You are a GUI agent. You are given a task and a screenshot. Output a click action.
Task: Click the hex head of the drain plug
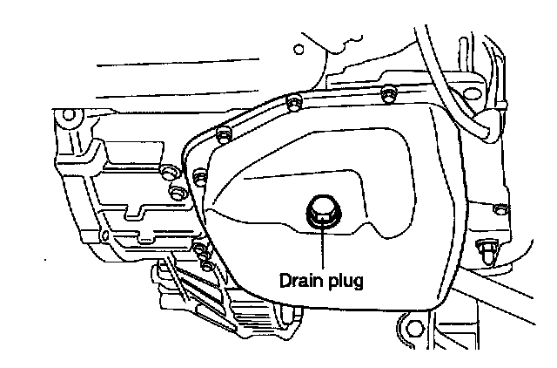tap(320, 210)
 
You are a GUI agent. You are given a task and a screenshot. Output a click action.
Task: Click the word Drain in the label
tap(298, 281)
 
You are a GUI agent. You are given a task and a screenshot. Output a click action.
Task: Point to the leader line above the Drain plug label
tap(322, 249)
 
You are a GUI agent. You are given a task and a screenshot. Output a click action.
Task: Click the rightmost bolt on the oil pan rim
tap(500, 209)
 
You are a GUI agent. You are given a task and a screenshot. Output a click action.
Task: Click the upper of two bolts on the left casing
tap(166, 171)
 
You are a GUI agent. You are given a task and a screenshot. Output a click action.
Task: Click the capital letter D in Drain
tap(285, 281)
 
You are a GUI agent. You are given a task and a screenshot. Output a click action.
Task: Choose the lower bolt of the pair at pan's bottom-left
tap(206, 263)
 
